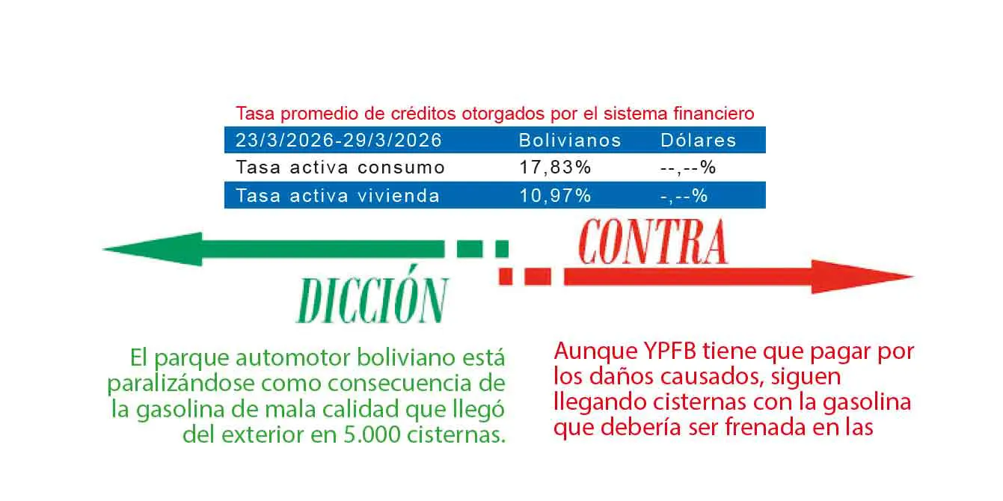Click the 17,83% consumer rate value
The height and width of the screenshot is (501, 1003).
555,167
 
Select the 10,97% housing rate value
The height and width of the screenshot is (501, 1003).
555,196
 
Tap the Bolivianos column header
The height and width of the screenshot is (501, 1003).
570,141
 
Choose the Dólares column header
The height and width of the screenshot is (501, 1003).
698,141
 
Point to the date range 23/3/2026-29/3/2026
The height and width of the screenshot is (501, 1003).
338,141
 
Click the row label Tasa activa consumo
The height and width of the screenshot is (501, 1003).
340,167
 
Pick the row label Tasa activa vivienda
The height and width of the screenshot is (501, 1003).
337,196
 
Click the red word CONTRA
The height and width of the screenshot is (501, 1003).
652,242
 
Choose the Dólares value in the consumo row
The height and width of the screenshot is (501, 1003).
688,167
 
